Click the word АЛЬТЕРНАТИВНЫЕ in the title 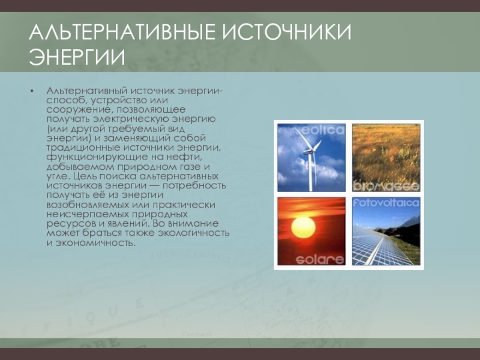click(x=122, y=32)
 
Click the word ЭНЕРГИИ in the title click(x=77, y=57)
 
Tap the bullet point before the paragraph click(x=32, y=91)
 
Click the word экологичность click(x=193, y=233)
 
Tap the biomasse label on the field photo click(x=386, y=186)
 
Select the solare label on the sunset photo click(x=320, y=260)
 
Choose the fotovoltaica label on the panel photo click(x=386, y=203)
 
